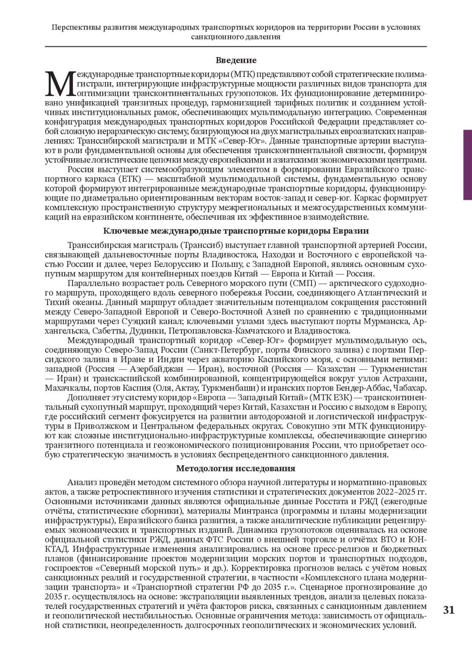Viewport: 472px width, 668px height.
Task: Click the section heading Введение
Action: [236, 60]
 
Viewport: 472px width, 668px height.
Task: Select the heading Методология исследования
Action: [236, 468]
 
